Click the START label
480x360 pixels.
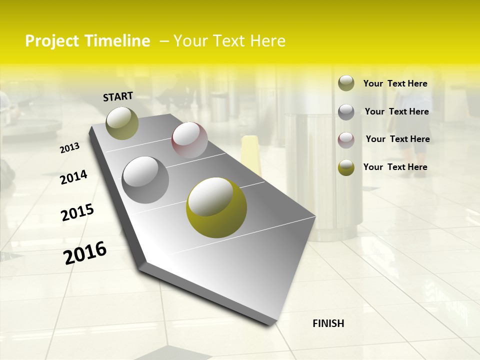coord(118,96)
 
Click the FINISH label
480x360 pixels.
coord(328,323)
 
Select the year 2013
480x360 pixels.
coord(70,148)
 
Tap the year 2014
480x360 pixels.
coord(73,177)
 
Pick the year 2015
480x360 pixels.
coord(77,213)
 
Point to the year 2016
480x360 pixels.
coord(85,252)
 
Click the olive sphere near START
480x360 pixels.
coord(122,123)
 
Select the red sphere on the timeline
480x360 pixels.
coord(189,140)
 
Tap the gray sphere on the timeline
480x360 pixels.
coord(145,179)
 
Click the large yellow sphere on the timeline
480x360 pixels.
coord(216,207)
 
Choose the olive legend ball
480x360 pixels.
coord(346,83)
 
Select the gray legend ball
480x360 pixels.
coord(346,111)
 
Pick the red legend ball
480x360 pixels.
coord(346,139)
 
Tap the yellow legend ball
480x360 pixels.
coord(346,167)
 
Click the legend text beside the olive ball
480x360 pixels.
coord(395,83)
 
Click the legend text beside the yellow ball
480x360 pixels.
coord(395,167)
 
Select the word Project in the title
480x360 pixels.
coord(52,41)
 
